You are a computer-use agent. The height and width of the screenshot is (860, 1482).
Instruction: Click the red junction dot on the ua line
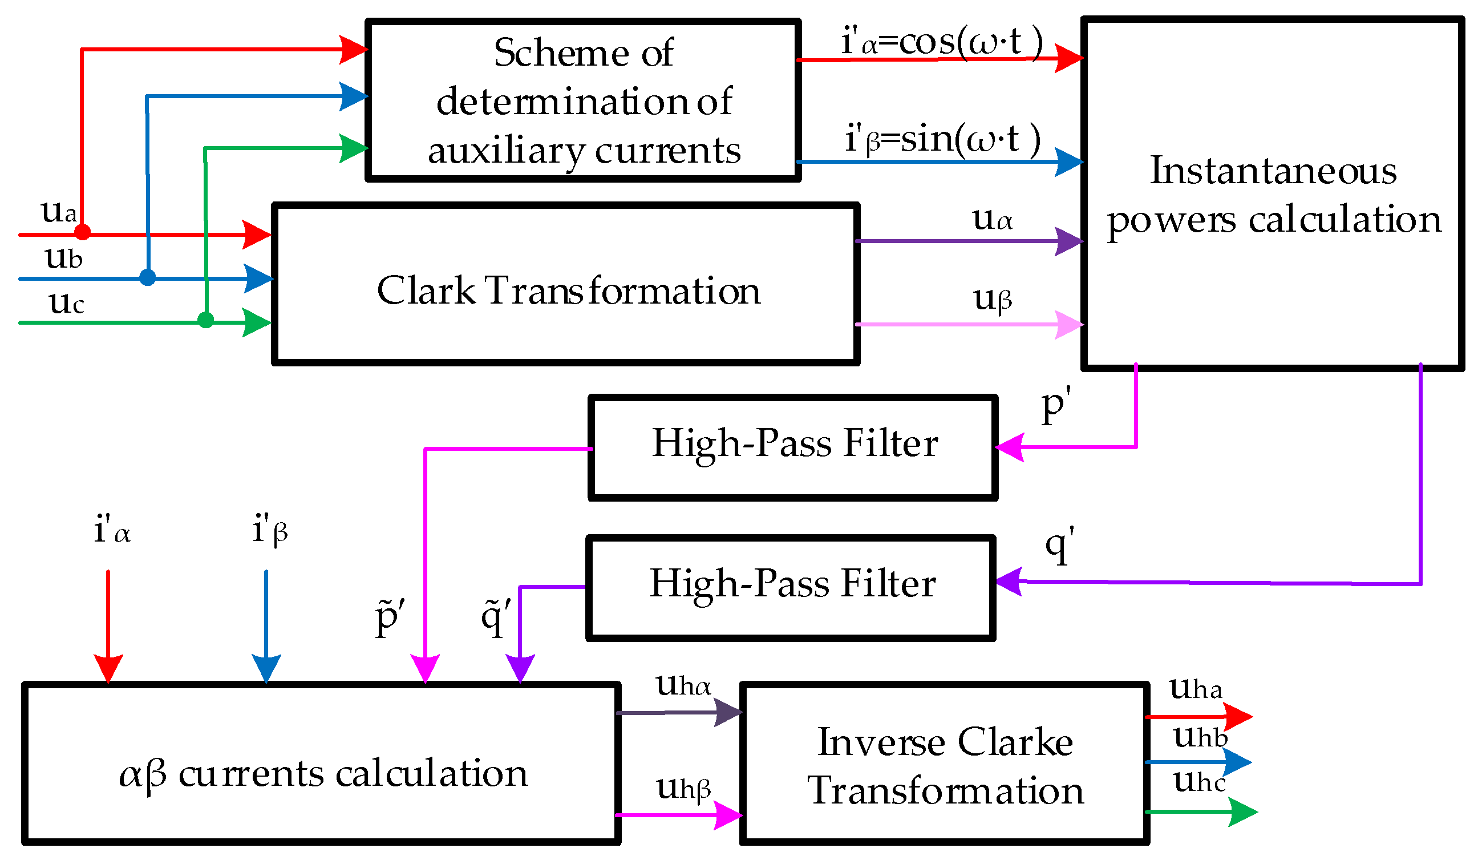coord(82,232)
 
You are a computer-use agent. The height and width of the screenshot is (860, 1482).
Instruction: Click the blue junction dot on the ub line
coord(148,277)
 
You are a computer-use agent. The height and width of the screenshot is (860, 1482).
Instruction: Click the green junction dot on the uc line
coord(206,320)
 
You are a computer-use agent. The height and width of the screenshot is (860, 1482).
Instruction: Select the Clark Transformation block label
coord(568,290)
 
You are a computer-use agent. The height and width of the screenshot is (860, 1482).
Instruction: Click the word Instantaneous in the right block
coord(1273,171)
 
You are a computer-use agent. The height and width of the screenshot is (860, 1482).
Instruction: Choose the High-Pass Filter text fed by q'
coord(792,584)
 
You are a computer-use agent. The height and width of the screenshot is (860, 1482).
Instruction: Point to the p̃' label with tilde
coord(389,617)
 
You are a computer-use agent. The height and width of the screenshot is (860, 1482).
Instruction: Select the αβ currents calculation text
coord(323,774)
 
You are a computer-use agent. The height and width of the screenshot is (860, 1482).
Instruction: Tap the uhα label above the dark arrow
coord(683,685)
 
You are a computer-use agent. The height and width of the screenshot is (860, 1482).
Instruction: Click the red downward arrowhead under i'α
coord(108,668)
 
